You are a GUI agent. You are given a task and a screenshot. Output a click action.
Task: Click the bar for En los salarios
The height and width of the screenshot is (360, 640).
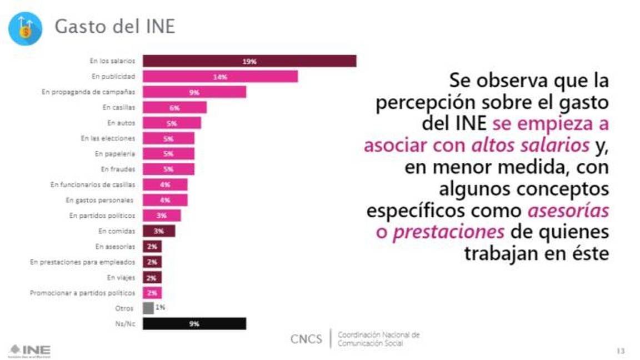click(x=249, y=61)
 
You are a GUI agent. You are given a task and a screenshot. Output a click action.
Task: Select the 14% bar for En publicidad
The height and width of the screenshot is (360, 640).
click(x=220, y=77)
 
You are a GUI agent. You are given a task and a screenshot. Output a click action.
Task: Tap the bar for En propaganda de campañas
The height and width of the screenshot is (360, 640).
click(x=194, y=92)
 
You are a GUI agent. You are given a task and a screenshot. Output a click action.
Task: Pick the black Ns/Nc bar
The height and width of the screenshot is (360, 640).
click(x=194, y=323)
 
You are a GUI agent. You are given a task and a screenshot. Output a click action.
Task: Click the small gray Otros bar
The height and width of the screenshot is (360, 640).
click(x=148, y=308)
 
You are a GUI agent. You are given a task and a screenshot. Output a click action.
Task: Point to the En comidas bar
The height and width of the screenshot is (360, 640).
click(x=159, y=231)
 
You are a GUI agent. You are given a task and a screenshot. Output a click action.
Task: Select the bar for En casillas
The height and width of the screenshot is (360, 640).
click(x=174, y=107)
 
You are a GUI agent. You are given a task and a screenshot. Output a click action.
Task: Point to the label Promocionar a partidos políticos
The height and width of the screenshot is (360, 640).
click(x=82, y=292)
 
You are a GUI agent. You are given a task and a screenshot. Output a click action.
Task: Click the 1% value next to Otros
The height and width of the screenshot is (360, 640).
click(x=160, y=307)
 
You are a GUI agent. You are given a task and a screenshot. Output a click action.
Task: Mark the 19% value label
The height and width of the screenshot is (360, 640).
click(x=249, y=61)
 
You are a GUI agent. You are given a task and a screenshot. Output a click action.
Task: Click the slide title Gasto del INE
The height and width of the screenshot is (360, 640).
click(x=114, y=27)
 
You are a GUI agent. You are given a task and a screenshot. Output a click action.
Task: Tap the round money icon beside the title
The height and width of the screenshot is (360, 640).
click(x=25, y=28)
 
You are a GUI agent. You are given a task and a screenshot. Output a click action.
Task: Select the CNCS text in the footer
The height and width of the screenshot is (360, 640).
click(x=306, y=339)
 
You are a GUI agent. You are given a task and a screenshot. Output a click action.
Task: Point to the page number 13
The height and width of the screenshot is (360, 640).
click(x=621, y=351)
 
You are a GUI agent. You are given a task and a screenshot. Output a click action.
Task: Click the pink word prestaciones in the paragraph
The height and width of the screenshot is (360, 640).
click(x=448, y=232)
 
